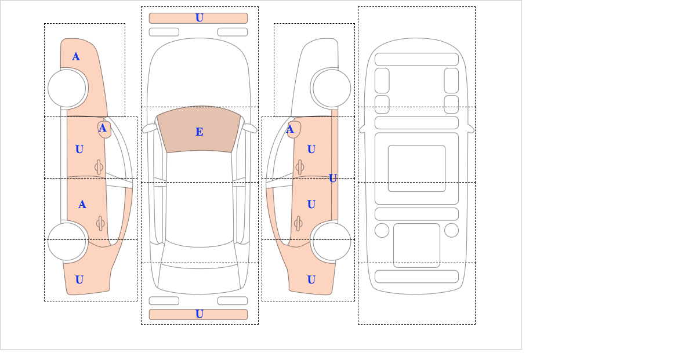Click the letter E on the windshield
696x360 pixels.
[199, 132]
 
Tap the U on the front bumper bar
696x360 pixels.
[199, 18]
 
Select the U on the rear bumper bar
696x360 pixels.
[199, 314]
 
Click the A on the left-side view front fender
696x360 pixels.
[75, 57]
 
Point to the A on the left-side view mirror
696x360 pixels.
[103, 128]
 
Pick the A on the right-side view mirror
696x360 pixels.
[290, 130]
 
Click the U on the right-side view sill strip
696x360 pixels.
[333, 178]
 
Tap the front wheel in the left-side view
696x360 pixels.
[67, 88]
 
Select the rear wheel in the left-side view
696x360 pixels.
[67, 241]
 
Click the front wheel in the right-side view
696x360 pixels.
[332, 88]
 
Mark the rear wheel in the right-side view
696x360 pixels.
[331, 241]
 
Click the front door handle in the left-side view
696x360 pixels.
[99, 167]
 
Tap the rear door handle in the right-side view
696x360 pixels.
[298, 223]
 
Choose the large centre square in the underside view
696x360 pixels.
[416, 168]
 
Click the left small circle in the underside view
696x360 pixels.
[382, 230]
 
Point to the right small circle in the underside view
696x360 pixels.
[451, 230]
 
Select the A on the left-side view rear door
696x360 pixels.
[82, 205]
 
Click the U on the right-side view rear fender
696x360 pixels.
[311, 280]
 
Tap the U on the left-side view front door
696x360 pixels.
[79, 150]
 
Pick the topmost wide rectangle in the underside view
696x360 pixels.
[416, 59]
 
